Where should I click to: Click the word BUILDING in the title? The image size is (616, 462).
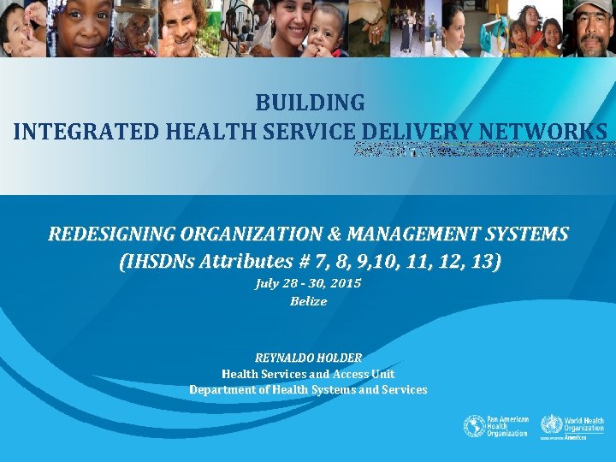point(310,103)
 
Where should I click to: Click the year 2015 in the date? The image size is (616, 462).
point(345,283)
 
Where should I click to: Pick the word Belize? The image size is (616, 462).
point(308,301)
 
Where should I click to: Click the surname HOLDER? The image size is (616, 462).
point(340,358)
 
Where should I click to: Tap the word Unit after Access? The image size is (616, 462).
point(382,374)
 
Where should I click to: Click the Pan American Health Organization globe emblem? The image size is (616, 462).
point(474,426)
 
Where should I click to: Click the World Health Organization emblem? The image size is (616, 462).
point(551,425)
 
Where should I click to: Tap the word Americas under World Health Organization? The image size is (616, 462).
point(575,437)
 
